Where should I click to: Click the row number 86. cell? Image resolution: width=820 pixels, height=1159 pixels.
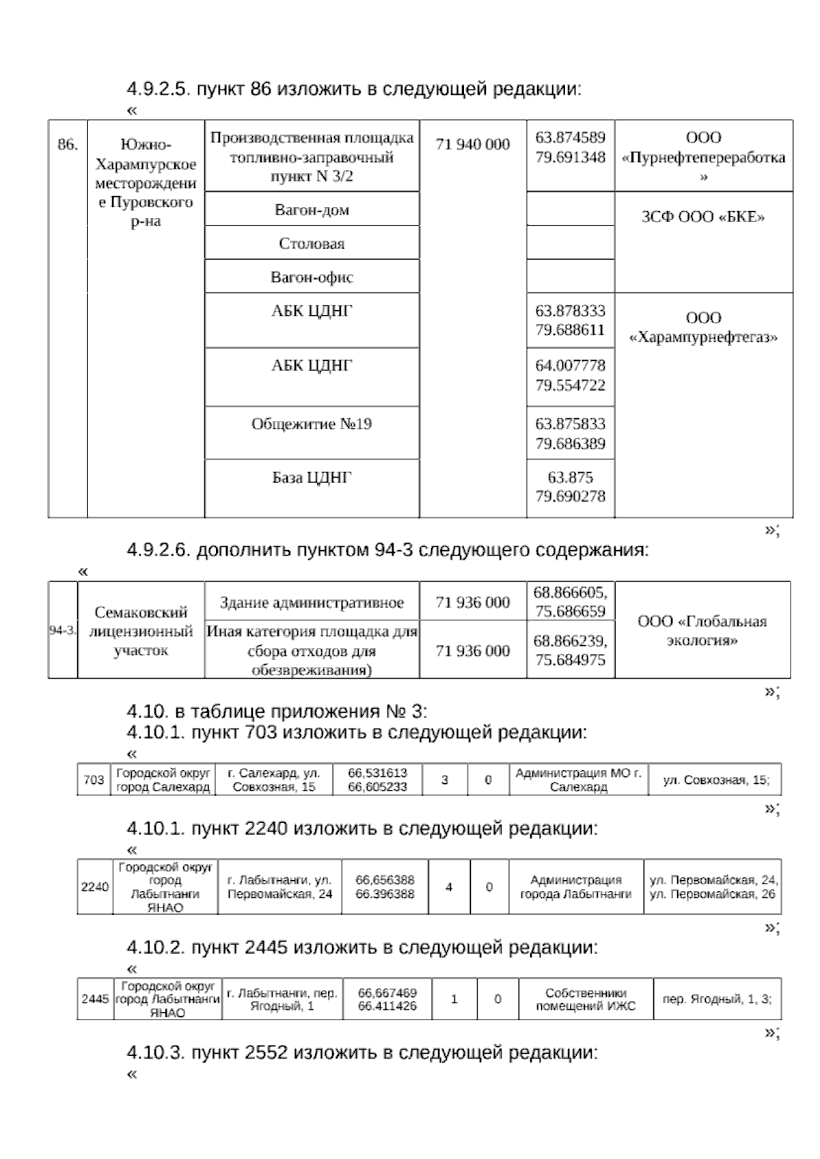coord(68,145)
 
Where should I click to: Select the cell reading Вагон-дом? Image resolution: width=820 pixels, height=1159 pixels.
coord(312,210)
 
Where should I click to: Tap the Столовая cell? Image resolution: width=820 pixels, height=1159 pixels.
coord(312,243)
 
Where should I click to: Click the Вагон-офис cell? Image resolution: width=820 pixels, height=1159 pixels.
coord(312,277)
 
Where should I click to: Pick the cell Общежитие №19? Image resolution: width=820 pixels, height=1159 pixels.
coord(312,424)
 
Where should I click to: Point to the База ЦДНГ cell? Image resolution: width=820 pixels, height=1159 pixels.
coord(312,478)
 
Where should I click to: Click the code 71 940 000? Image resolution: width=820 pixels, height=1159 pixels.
coord(473,144)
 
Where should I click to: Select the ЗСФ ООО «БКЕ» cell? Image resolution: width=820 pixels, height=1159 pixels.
coord(703,217)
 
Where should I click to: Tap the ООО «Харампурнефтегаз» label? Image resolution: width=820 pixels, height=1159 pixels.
coord(703,327)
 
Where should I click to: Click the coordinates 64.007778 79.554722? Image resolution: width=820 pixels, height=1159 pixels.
coord(570,375)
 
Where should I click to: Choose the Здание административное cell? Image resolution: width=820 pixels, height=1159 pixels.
coord(312,603)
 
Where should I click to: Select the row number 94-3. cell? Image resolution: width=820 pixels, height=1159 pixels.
coord(63,630)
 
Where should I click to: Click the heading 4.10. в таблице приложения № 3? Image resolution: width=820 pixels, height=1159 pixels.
coord(277,712)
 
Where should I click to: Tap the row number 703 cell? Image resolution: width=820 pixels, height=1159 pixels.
coord(94,780)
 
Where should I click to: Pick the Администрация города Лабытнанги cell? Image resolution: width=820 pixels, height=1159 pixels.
coord(575,886)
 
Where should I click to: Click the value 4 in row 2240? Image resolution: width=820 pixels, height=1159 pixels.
coord(449,887)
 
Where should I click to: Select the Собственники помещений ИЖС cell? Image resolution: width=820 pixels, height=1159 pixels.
coord(586,999)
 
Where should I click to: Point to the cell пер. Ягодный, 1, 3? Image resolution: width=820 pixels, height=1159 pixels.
coord(717,999)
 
